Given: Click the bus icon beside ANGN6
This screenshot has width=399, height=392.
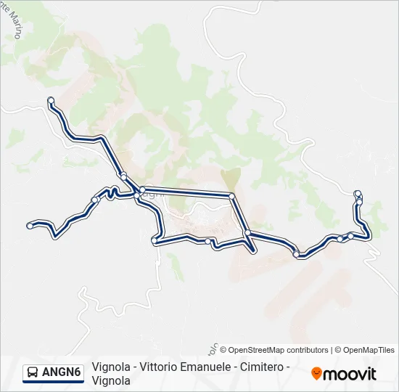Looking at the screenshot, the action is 33,373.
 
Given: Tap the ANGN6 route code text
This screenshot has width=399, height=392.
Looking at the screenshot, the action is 62,373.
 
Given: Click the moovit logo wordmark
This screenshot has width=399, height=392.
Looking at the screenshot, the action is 350,374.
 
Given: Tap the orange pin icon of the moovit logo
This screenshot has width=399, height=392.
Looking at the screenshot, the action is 316,373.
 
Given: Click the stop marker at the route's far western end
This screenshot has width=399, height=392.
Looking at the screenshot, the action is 30,226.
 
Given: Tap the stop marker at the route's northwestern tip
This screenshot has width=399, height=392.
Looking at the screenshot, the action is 51,100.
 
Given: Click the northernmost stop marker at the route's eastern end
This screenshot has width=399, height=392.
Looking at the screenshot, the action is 357,193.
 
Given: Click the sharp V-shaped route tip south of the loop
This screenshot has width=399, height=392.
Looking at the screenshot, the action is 252,251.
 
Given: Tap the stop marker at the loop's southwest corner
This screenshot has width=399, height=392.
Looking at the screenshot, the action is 154,240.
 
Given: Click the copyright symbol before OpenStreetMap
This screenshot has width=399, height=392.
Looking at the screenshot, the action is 223,350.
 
